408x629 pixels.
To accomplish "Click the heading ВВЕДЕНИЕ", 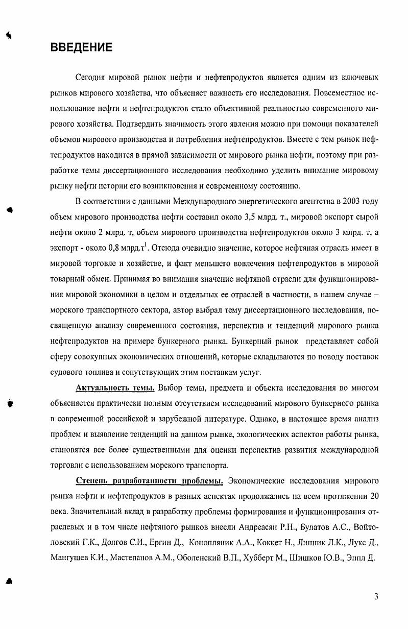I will click(81, 48).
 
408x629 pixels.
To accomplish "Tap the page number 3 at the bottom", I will click(376, 596).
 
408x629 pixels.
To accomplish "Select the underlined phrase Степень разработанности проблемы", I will click(149, 481).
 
